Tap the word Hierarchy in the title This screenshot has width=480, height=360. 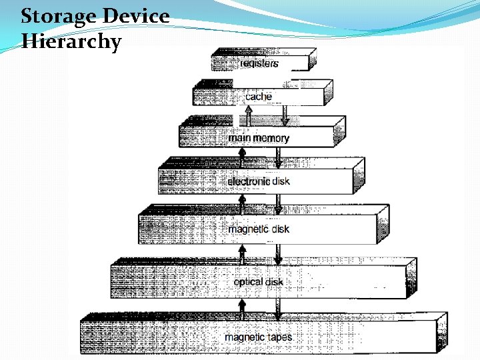click(x=71, y=42)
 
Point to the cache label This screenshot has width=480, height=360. click(x=259, y=97)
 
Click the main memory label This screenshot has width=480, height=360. click(x=259, y=138)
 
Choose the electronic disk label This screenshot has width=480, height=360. click(x=259, y=181)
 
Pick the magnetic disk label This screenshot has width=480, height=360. click(x=259, y=229)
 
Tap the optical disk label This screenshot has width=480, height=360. click(x=259, y=282)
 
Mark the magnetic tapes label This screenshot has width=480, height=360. click(x=259, y=337)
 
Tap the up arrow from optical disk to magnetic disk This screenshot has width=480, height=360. click(x=243, y=253)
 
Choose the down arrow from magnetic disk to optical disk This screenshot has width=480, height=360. click(x=279, y=253)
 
